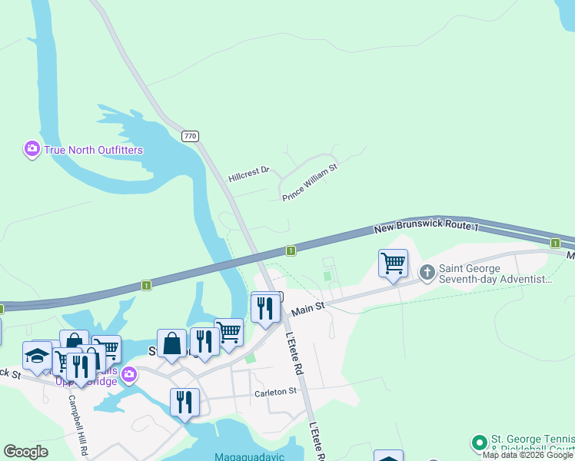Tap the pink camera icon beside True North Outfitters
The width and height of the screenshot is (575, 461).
(32, 149)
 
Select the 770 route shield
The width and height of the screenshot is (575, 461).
(191, 136)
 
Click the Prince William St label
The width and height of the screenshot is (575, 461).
(310, 182)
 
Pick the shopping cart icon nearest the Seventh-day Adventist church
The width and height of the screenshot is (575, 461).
(393, 263)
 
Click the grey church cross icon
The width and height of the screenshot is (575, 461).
(427, 273)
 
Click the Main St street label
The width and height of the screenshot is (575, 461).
(309, 307)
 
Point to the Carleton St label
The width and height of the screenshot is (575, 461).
(275, 392)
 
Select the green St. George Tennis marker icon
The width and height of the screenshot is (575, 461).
(479, 443)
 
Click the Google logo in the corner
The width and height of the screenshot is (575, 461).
(25, 452)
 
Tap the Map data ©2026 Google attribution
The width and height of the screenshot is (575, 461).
(528, 455)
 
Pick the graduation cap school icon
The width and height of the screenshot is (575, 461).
(37, 355)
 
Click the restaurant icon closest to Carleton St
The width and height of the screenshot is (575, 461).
(184, 402)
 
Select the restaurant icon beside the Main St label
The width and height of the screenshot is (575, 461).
(265, 309)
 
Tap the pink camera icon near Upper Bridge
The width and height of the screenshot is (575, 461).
(129, 374)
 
